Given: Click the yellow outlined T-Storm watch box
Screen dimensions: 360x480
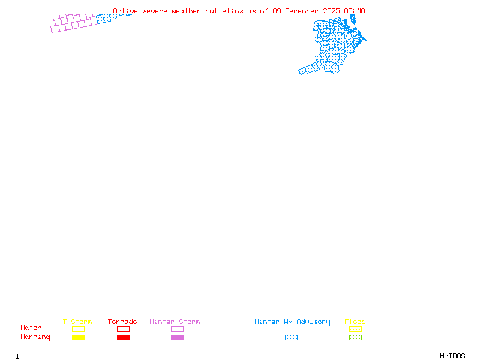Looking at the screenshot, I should pos(78,329).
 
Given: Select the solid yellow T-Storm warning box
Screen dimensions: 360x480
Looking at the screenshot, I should pos(78,338).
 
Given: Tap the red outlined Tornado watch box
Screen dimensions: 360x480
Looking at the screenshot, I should pos(123,329).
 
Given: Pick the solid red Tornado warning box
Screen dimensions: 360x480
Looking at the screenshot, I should pos(123,338).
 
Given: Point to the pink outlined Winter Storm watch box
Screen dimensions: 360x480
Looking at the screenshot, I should pos(177,329).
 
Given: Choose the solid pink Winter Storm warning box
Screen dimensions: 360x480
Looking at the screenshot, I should pos(177,338).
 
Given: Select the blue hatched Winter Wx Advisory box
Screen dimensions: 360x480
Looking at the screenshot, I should pos(291,338).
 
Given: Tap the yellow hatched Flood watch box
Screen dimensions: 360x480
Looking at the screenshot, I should pos(355,329).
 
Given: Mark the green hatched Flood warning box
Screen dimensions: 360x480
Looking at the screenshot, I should pos(355,338).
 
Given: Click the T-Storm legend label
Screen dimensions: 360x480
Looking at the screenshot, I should pos(77,322).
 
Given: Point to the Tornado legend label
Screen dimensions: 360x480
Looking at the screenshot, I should pos(122,322).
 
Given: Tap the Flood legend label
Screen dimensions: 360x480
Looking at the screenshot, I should pos(355,322).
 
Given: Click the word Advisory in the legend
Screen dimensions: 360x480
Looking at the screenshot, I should pos(313,322).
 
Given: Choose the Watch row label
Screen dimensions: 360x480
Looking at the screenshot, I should pos(31,328).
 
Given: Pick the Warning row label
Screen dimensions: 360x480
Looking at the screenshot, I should pos(35,337).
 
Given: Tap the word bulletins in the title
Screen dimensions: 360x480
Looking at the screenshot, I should pos(224,11).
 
